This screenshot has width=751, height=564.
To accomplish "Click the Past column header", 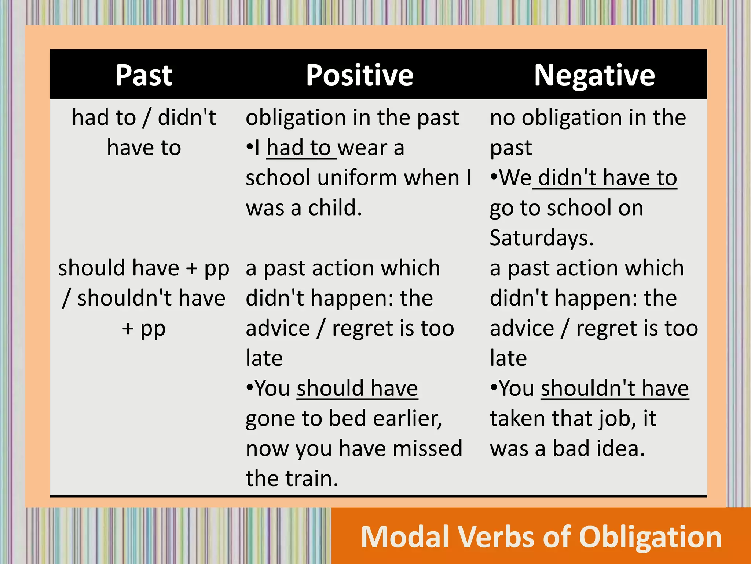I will click(144, 75).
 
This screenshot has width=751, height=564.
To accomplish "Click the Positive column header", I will click(360, 75).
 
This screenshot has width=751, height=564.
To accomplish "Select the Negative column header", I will click(594, 75).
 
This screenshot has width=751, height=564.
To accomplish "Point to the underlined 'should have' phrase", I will click(357, 388).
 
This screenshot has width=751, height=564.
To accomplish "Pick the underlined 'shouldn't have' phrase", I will click(615, 388).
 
